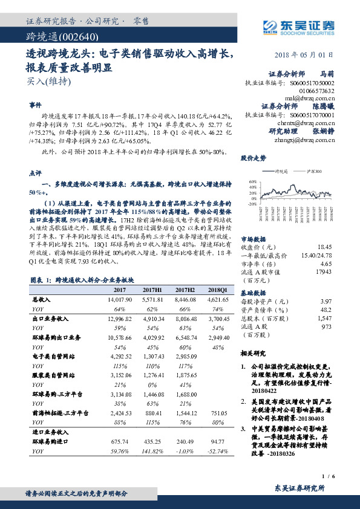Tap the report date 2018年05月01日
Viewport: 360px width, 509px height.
coord(309,54)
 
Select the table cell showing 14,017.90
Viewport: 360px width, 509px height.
coord(120,300)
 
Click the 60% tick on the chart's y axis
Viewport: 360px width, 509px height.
coord(252,181)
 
